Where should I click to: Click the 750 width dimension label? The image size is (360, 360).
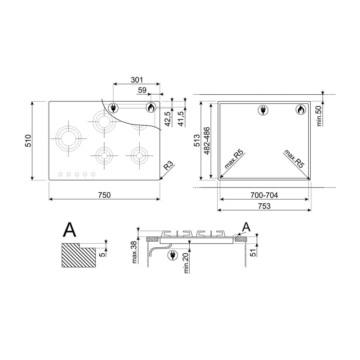click(x=104, y=195)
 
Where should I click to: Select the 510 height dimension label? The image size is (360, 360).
click(x=28, y=141)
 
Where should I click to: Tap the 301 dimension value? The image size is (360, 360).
click(x=137, y=80)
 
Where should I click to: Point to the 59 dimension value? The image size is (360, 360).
click(x=142, y=90)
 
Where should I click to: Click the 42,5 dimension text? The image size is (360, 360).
click(x=168, y=119)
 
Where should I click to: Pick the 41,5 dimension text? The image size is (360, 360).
click(x=181, y=118)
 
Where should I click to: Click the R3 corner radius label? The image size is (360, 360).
click(x=168, y=165)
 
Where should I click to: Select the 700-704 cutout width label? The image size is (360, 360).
click(x=264, y=195)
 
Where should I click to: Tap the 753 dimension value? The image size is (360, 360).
click(x=264, y=206)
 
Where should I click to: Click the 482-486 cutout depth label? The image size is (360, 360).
click(x=207, y=141)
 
